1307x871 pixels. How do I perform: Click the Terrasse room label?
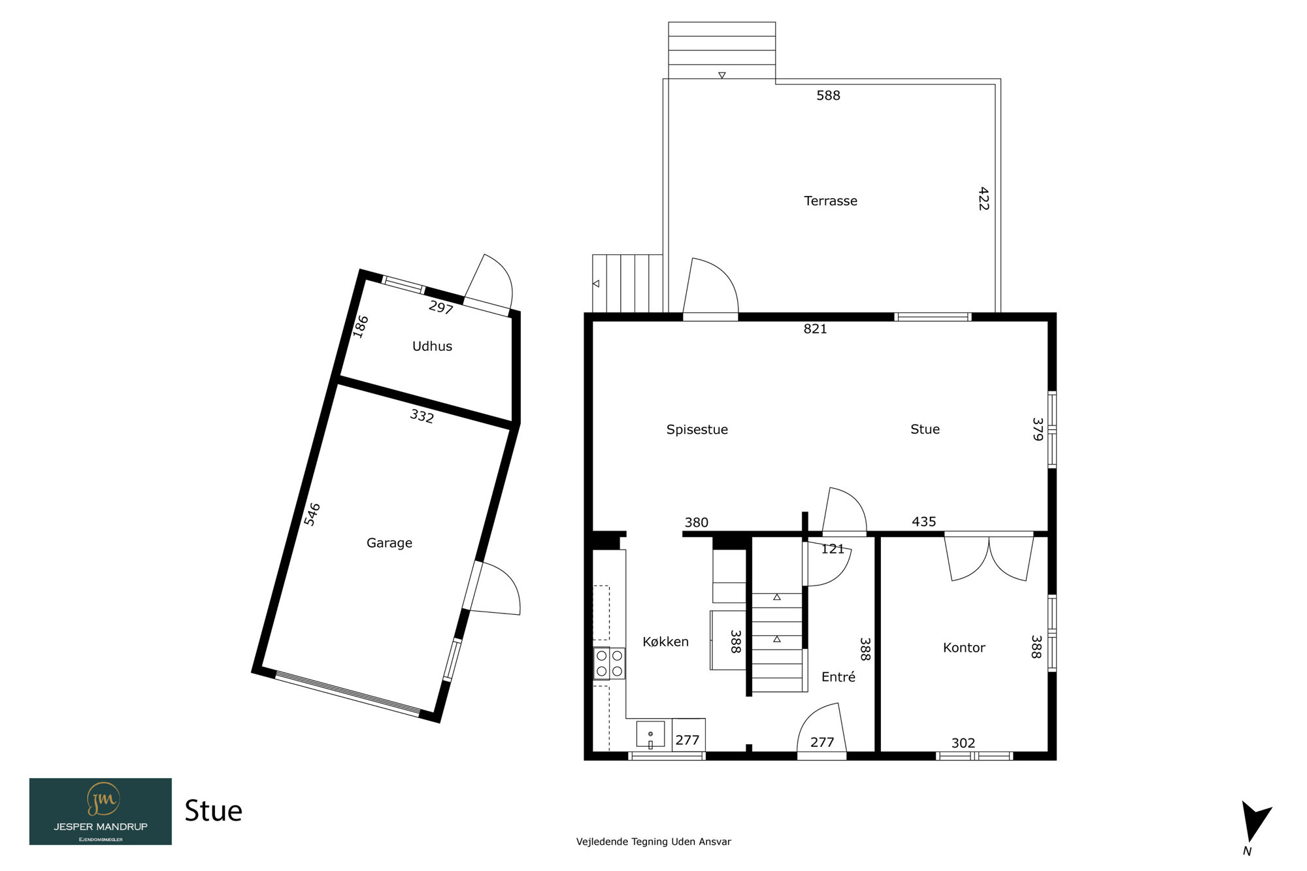pyautogui.click(x=831, y=201)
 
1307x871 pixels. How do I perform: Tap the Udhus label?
pyautogui.click(x=432, y=346)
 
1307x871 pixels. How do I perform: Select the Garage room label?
pyautogui.click(x=389, y=543)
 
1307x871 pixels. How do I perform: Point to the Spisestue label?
pyautogui.click(x=697, y=430)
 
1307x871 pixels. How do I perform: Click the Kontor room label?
pyautogui.click(x=964, y=648)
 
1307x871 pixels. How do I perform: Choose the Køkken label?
pyautogui.click(x=665, y=642)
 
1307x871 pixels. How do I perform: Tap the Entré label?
pyautogui.click(x=838, y=677)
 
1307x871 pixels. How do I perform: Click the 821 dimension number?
pyautogui.click(x=815, y=329)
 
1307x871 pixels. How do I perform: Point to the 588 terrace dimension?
pyautogui.click(x=828, y=95)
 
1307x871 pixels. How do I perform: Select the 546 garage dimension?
pyautogui.click(x=312, y=514)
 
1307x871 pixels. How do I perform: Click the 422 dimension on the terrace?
pyautogui.click(x=984, y=199)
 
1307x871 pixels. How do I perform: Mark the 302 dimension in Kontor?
pyautogui.click(x=963, y=743)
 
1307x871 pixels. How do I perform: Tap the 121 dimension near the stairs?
pyautogui.click(x=833, y=549)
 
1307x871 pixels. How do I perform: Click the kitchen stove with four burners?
pyautogui.click(x=609, y=663)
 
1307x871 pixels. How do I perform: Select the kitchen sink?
pyautogui.click(x=651, y=734)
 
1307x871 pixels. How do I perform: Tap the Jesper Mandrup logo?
pyautogui.click(x=101, y=812)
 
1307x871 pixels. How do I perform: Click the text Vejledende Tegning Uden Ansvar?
pyautogui.click(x=653, y=842)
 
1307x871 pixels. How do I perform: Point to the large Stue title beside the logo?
pyautogui.click(x=213, y=811)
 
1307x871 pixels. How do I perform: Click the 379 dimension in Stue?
pyautogui.click(x=1038, y=429)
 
